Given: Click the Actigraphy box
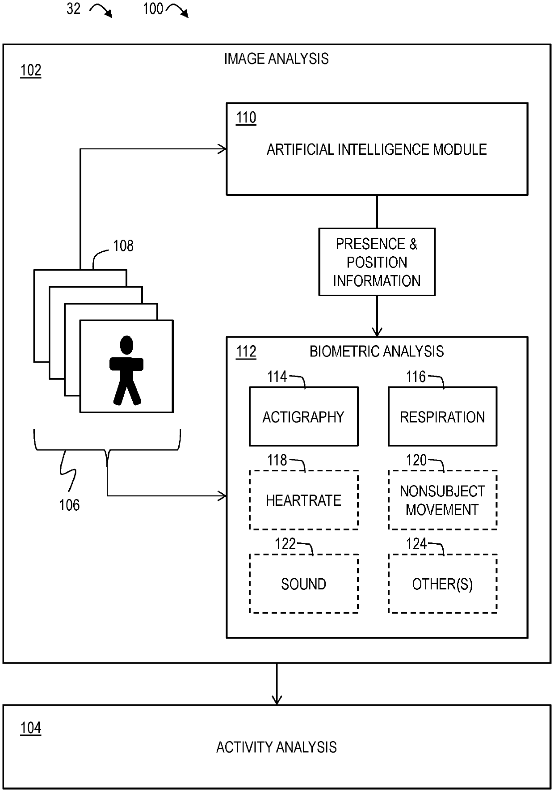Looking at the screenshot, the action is (x=303, y=416).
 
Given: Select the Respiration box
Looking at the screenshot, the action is (x=442, y=416).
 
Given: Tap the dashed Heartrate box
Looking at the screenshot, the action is (x=303, y=500).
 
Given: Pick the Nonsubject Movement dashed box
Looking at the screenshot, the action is (x=442, y=500).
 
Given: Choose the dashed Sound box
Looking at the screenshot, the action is (x=303, y=584).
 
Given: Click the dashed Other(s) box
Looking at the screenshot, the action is (x=442, y=584).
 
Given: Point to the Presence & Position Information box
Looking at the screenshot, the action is (x=377, y=262).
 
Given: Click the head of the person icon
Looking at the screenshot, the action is (x=127, y=346).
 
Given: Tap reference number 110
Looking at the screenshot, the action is (x=246, y=118).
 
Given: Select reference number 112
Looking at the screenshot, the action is (x=246, y=352).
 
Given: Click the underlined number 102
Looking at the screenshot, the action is (x=31, y=71).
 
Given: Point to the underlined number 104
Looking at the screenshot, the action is (x=31, y=728).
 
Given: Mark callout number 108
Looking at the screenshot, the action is (x=123, y=246).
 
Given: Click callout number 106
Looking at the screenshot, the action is (x=69, y=505).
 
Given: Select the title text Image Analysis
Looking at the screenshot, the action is (x=276, y=59).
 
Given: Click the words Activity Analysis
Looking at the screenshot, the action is (x=276, y=747).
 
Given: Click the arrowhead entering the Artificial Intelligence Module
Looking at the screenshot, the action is (x=222, y=149).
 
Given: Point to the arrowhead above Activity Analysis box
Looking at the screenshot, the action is (x=277, y=699).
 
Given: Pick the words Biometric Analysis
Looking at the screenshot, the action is (x=377, y=352).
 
